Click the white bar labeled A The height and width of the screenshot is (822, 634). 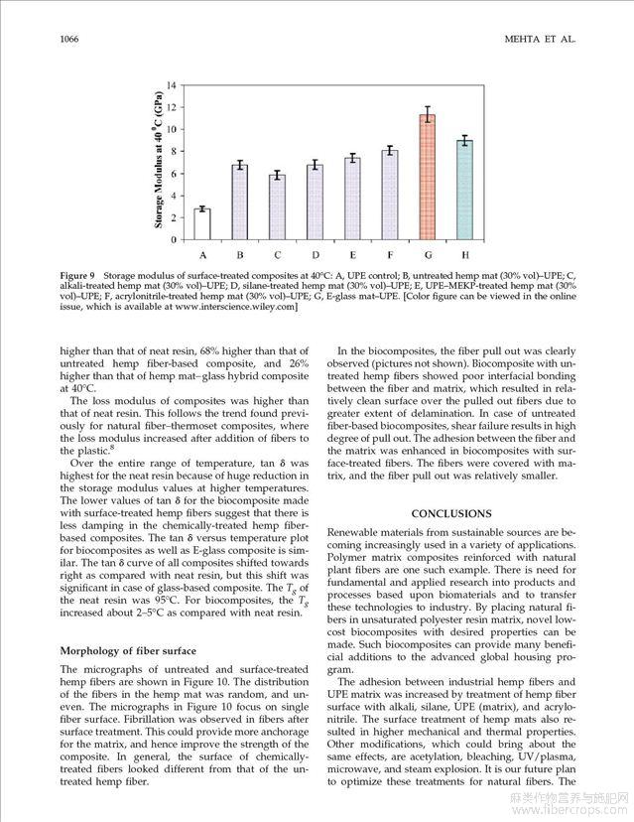[x=201, y=224]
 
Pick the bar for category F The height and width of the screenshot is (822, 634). [x=390, y=195]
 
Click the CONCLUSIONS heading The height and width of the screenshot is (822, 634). [x=450, y=513]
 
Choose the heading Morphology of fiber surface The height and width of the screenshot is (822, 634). [x=127, y=651]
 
